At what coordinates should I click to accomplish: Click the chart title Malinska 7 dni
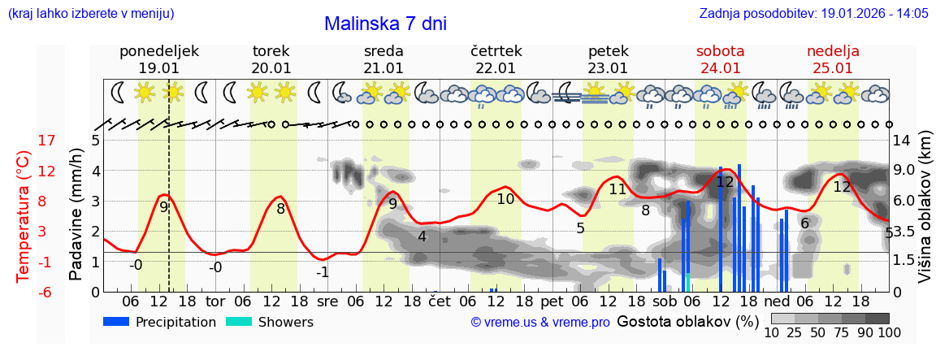pyautogui.click(x=385, y=24)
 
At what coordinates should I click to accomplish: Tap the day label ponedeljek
pyautogui.click(x=159, y=51)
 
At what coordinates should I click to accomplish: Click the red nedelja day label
pyautogui.click(x=833, y=51)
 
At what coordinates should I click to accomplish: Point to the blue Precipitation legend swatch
pyautogui.click(x=116, y=322)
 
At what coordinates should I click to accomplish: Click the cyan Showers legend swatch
pyautogui.click(x=238, y=322)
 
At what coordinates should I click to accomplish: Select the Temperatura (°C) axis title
pyautogui.click(x=24, y=216)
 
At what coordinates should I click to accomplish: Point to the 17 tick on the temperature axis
pyautogui.click(x=47, y=141)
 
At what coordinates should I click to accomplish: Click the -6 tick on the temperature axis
pyautogui.click(x=47, y=292)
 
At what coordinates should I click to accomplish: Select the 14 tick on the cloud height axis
pyautogui.click(x=903, y=141)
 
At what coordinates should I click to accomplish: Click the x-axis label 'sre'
pyautogui.click(x=327, y=301)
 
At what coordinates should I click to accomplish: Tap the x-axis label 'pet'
pyautogui.click(x=552, y=301)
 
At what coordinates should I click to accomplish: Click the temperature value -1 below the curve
pyautogui.click(x=323, y=272)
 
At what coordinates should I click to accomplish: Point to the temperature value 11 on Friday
pyautogui.click(x=617, y=189)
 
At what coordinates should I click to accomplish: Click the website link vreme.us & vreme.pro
pyautogui.click(x=540, y=323)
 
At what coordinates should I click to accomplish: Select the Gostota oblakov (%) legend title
pyautogui.click(x=687, y=321)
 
